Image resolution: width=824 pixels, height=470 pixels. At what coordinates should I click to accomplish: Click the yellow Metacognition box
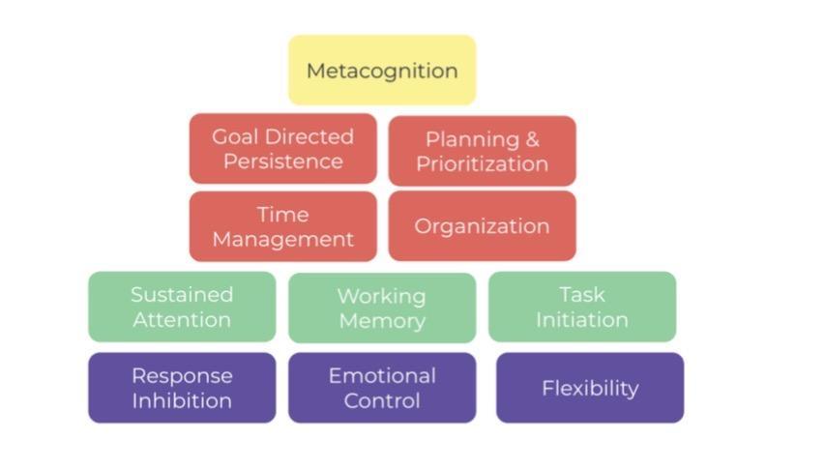pyautogui.click(x=382, y=71)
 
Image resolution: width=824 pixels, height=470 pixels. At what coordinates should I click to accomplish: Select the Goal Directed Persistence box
pyautogui.click(x=282, y=149)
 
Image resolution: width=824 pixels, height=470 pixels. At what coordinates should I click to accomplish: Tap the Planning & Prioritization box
pyautogui.click(x=482, y=151)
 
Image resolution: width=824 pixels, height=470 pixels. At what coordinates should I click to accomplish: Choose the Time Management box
pyautogui.click(x=282, y=226)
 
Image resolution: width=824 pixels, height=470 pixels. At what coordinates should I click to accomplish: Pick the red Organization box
pyautogui.click(x=482, y=226)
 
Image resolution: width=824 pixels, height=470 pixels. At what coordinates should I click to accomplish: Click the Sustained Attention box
pyautogui.click(x=182, y=307)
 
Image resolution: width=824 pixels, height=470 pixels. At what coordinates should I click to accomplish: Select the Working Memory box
pyautogui.click(x=382, y=308)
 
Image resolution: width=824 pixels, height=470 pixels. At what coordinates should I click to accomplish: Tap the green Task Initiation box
pyautogui.click(x=581, y=307)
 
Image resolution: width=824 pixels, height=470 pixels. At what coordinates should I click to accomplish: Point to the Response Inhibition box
pyautogui.click(x=182, y=388)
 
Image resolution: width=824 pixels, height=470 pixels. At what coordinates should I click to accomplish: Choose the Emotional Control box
pyautogui.click(x=382, y=388)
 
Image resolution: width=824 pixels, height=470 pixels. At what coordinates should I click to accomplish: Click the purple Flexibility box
pyautogui.click(x=590, y=388)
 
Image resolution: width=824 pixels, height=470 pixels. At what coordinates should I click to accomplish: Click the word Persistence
pyautogui.click(x=282, y=162)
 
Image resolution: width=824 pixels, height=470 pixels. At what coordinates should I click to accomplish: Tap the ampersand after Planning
pyautogui.click(x=533, y=139)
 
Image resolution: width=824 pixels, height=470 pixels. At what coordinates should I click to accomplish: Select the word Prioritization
pyautogui.click(x=482, y=163)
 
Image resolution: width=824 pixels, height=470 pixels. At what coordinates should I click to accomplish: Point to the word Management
pyautogui.click(x=282, y=239)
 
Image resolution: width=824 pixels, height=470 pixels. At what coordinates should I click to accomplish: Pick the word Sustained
pyautogui.click(x=182, y=294)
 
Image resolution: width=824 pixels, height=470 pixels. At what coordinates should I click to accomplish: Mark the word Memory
pyautogui.click(x=382, y=321)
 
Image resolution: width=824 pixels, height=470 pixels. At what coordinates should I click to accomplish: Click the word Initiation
pyautogui.click(x=581, y=319)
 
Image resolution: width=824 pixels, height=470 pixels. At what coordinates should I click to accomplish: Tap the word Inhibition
pyautogui.click(x=182, y=400)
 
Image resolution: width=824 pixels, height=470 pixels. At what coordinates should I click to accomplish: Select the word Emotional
pyautogui.click(x=382, y=375)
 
